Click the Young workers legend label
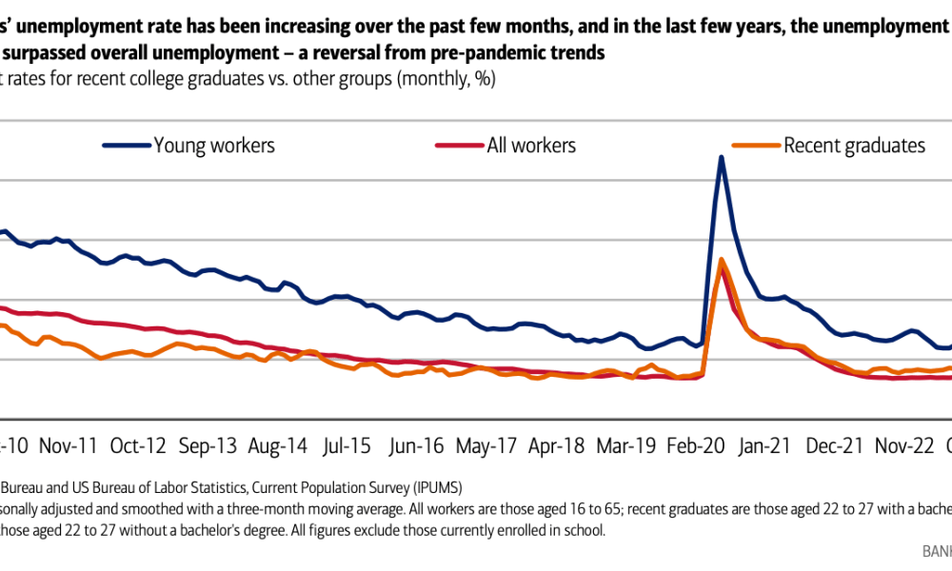214,146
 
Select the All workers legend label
531,146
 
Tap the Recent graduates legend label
854,146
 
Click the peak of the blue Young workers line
721,157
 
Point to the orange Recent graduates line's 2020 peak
721,259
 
